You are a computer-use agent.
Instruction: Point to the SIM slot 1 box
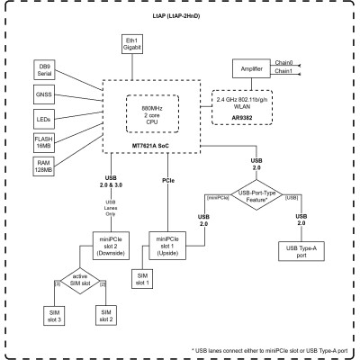[x=142, y=278]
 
